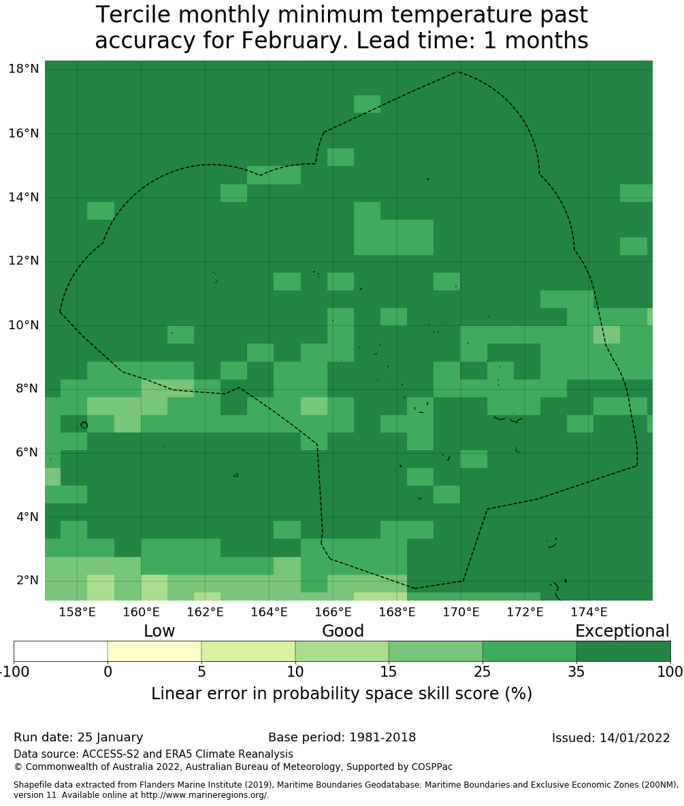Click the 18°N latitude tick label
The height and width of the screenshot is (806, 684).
pyautogui.click(x=23, y=69)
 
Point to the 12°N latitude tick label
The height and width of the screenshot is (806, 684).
pyautogui.click(x=23, y=261)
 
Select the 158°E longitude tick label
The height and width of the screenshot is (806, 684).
pyautogui.click(x=77, y=611)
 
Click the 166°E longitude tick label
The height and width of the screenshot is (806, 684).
pyautogui.click(x=333, y=611)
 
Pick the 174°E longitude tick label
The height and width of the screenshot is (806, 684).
pyautogui.click(x=589, y=611)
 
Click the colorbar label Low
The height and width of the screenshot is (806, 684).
pyautogui.click(x=159, y=631)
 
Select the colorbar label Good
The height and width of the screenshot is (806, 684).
pyautogui.click(x=343, y=631)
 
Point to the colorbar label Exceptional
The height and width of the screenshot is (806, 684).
pyautogui.click(x=622, y=631)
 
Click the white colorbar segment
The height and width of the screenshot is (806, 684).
pyautogui.click(x=61, y=651)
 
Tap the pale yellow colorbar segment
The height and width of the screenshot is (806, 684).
pyautogui.click(x=154, y=651)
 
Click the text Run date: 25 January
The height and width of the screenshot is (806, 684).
pyautogui.click(x=78, y=737)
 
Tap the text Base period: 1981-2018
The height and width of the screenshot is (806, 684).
pyautogui.click(x=342, y=737)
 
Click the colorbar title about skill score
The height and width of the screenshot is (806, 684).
pyautogui.click(x=342, y=694)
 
